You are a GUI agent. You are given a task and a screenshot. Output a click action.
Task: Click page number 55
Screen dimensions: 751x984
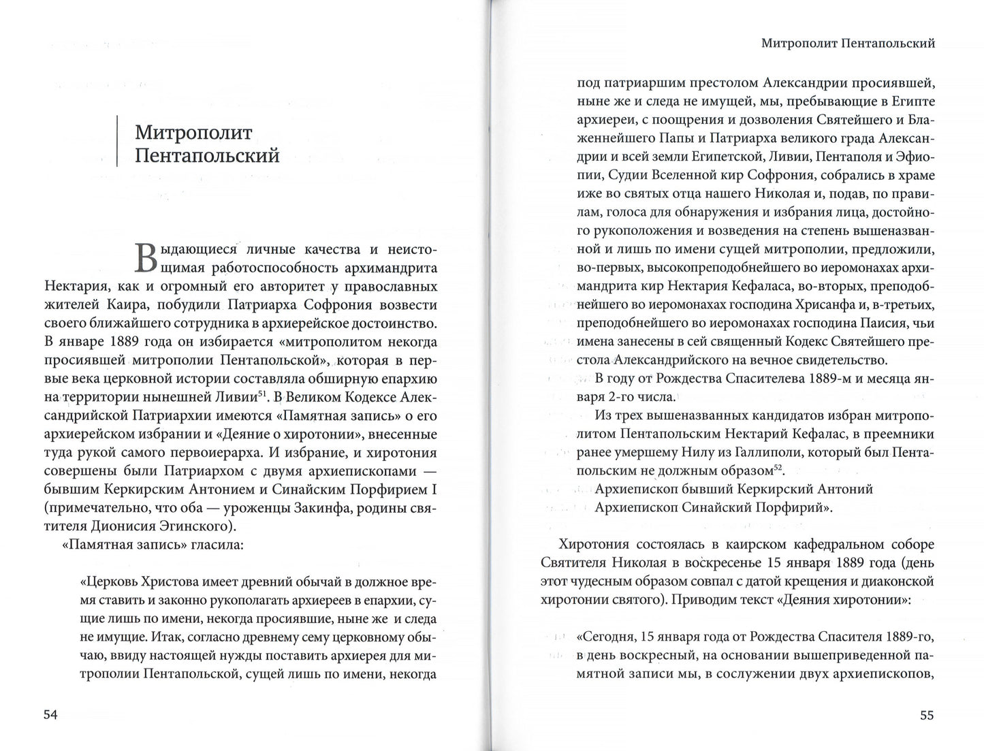tap(926, 715)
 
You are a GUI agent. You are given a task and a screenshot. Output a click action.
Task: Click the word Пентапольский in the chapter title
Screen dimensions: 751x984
tap(207, 155)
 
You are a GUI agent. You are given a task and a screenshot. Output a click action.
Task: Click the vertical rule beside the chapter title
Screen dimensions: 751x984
tap(118, 142)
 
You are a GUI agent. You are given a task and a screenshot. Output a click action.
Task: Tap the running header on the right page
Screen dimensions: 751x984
tap(846, 43)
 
